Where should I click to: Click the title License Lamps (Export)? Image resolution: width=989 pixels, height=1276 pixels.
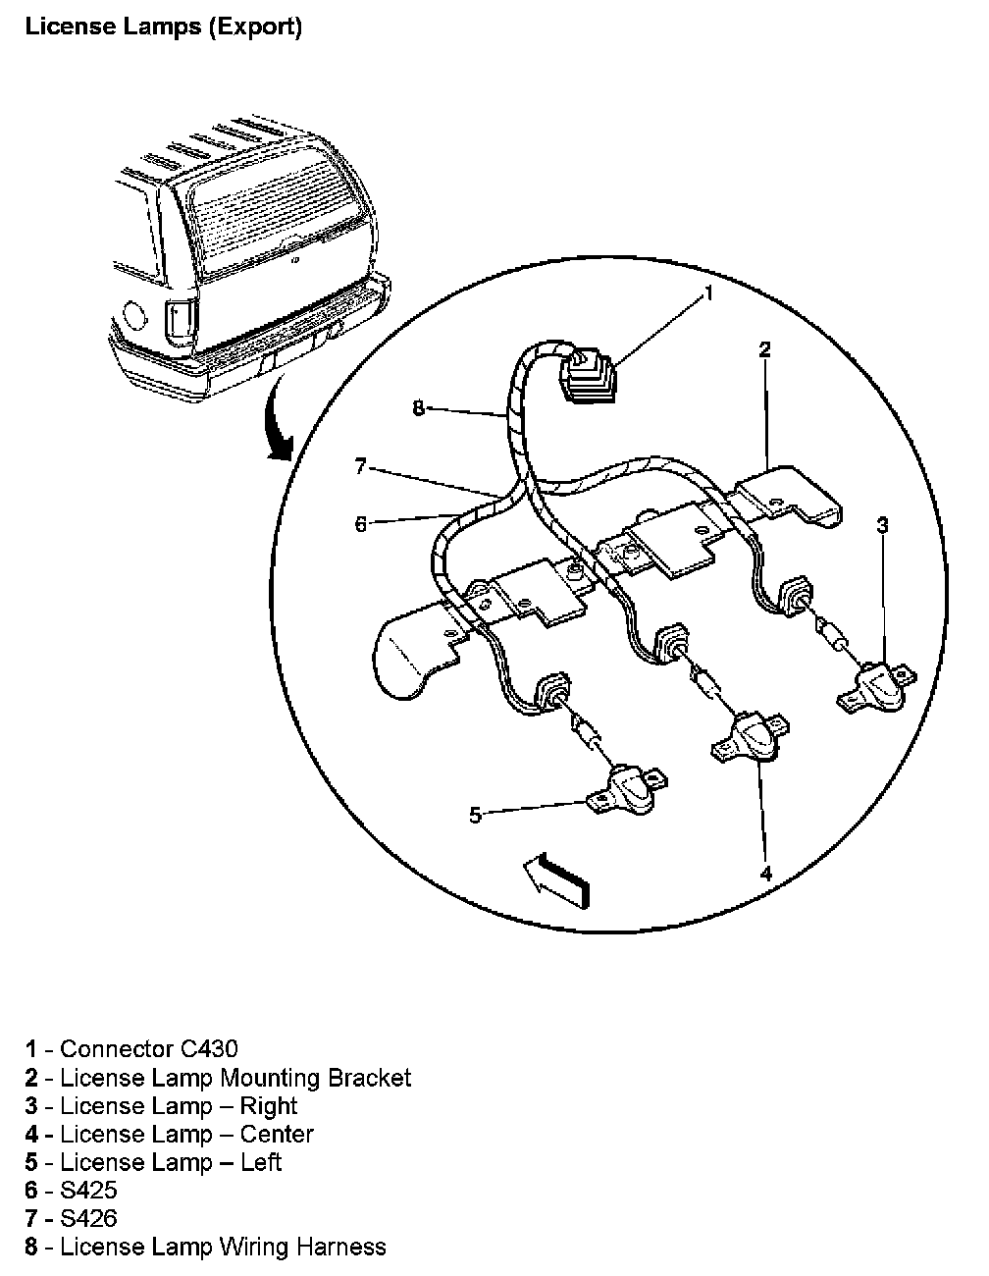coord(163,27)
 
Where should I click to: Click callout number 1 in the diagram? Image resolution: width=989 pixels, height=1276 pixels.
coord(709,293)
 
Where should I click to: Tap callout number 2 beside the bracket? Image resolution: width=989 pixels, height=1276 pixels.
coord(765,349)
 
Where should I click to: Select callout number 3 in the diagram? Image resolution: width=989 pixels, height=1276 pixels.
coord(882,526)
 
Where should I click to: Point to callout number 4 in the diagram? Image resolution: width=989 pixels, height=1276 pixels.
coord(765,873)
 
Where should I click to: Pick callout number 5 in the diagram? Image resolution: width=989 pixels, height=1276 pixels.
coord(475,815)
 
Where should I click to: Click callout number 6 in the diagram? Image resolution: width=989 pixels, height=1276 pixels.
coord(361,525)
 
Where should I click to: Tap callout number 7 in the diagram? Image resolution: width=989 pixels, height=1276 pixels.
coord(360,467)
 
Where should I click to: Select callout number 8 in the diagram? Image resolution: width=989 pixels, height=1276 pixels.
coord(419,408)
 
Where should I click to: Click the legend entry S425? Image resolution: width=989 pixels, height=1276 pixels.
coord(88,1191)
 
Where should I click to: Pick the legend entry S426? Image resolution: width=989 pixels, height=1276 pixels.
coord(88,1219)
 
